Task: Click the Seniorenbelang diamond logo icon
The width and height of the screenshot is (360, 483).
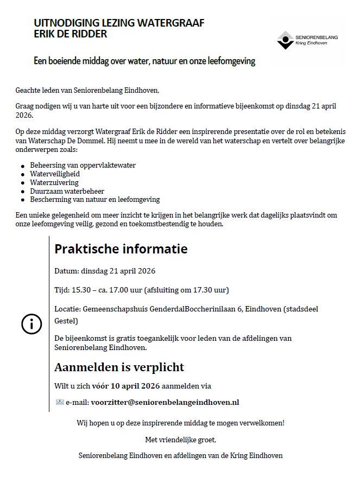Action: pyautogui.click(x=285, y=40)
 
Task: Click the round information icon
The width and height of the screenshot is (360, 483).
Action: pyautogui.click(x=31, y=324)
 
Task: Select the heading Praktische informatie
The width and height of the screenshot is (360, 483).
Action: pyautogui.click(x=121, y=249)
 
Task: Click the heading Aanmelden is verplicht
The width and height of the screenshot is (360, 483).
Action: pyautogui.click(x=119, y=367)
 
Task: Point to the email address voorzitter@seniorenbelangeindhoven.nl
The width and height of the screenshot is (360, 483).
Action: pyautogui.click(x=165, y=402)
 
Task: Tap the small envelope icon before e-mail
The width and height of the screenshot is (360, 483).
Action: pyautogui.click(x=60, y=402)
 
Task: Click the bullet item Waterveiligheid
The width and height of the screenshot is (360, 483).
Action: pyautogui.click(x=55, y=174)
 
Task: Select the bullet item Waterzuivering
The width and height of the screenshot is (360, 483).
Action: pyautogui.click(x=54, y=182)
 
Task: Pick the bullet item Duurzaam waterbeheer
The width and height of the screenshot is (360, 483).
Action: pyautogui.click(x=67, y=191)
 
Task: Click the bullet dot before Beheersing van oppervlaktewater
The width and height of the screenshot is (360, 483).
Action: pyautogui.click(x=22, y=166)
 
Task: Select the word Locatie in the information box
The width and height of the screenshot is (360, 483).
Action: pyautogui.click(x=67, y=309)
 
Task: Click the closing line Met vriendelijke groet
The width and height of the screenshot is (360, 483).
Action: pyautogui.click(x=180, y=439)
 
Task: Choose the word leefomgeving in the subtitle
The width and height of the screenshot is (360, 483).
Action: pyautogui.click(x=230, y=61)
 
